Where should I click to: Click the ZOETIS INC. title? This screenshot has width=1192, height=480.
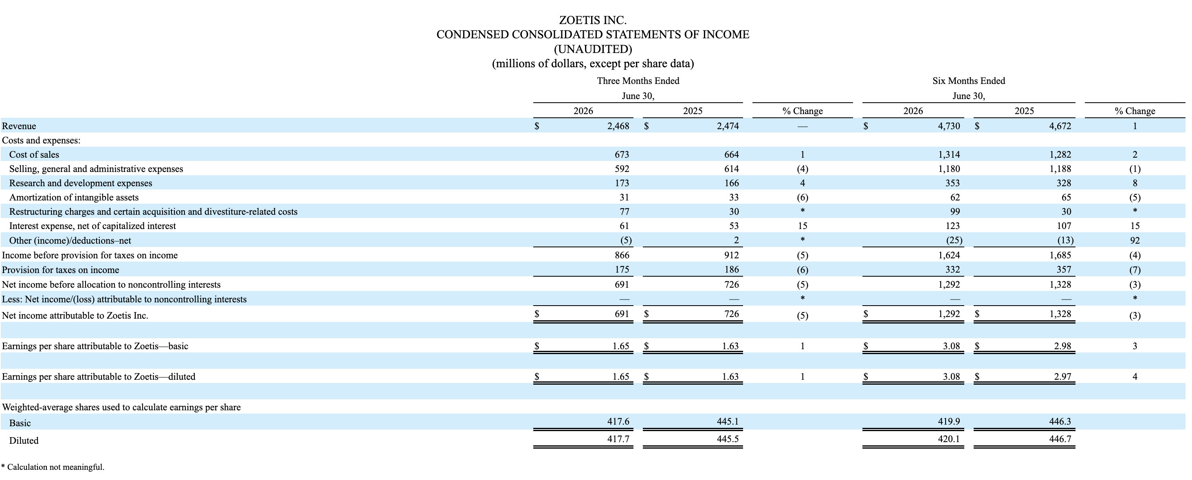click(x=593, y=20)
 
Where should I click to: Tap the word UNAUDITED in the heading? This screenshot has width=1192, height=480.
click(x=593, y=49)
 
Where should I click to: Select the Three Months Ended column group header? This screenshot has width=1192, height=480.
click(x=638, y=81)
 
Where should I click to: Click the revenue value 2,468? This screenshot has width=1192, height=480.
click(x=618, y=126)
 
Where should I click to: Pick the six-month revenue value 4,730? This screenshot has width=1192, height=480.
click(x=949, y=126)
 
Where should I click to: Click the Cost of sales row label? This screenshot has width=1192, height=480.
click(x=34, y=154)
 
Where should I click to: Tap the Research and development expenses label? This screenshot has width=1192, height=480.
click(x=81, y=183)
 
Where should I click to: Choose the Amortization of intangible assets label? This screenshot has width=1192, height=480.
click(x=74, y=198)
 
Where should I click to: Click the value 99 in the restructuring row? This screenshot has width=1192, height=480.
click(x=954, y=212)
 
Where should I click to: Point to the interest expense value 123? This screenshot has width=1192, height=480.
click(x=952, y=226)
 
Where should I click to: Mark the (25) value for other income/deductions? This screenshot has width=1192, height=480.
click(x=954, y=241)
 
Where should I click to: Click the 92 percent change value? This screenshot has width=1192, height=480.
click(x=1135, y=241)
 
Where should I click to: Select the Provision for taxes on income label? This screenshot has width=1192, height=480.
click(x=61, y=270)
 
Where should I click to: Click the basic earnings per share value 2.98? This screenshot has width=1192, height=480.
click(x=1062, y=346)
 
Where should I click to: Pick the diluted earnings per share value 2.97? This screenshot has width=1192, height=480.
click(x=1062, y=377)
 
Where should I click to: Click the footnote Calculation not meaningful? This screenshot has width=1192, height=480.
click(x=56, y=467)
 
